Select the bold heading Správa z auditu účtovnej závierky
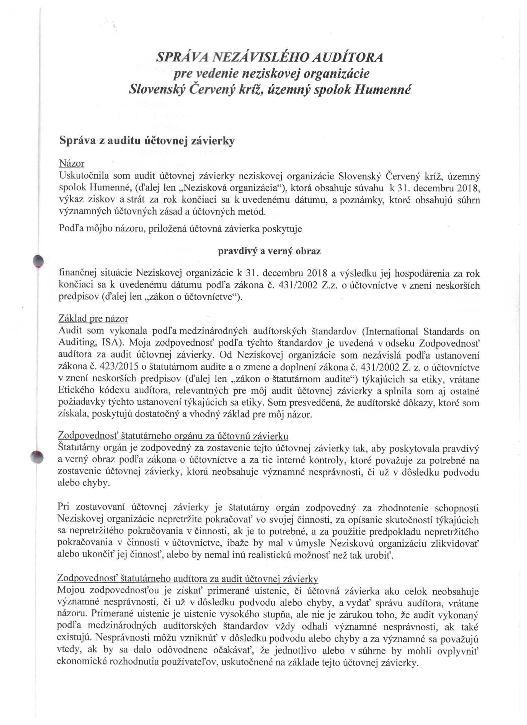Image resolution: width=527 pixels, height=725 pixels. tap(147, 141)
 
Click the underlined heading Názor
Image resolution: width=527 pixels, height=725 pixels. tap(72, 164)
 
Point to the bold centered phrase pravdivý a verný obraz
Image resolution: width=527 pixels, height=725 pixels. tap(269, 251)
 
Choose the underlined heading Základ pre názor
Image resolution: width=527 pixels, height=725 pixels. tap(93, 319)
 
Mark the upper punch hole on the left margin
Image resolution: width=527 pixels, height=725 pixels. tap(38, 260)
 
